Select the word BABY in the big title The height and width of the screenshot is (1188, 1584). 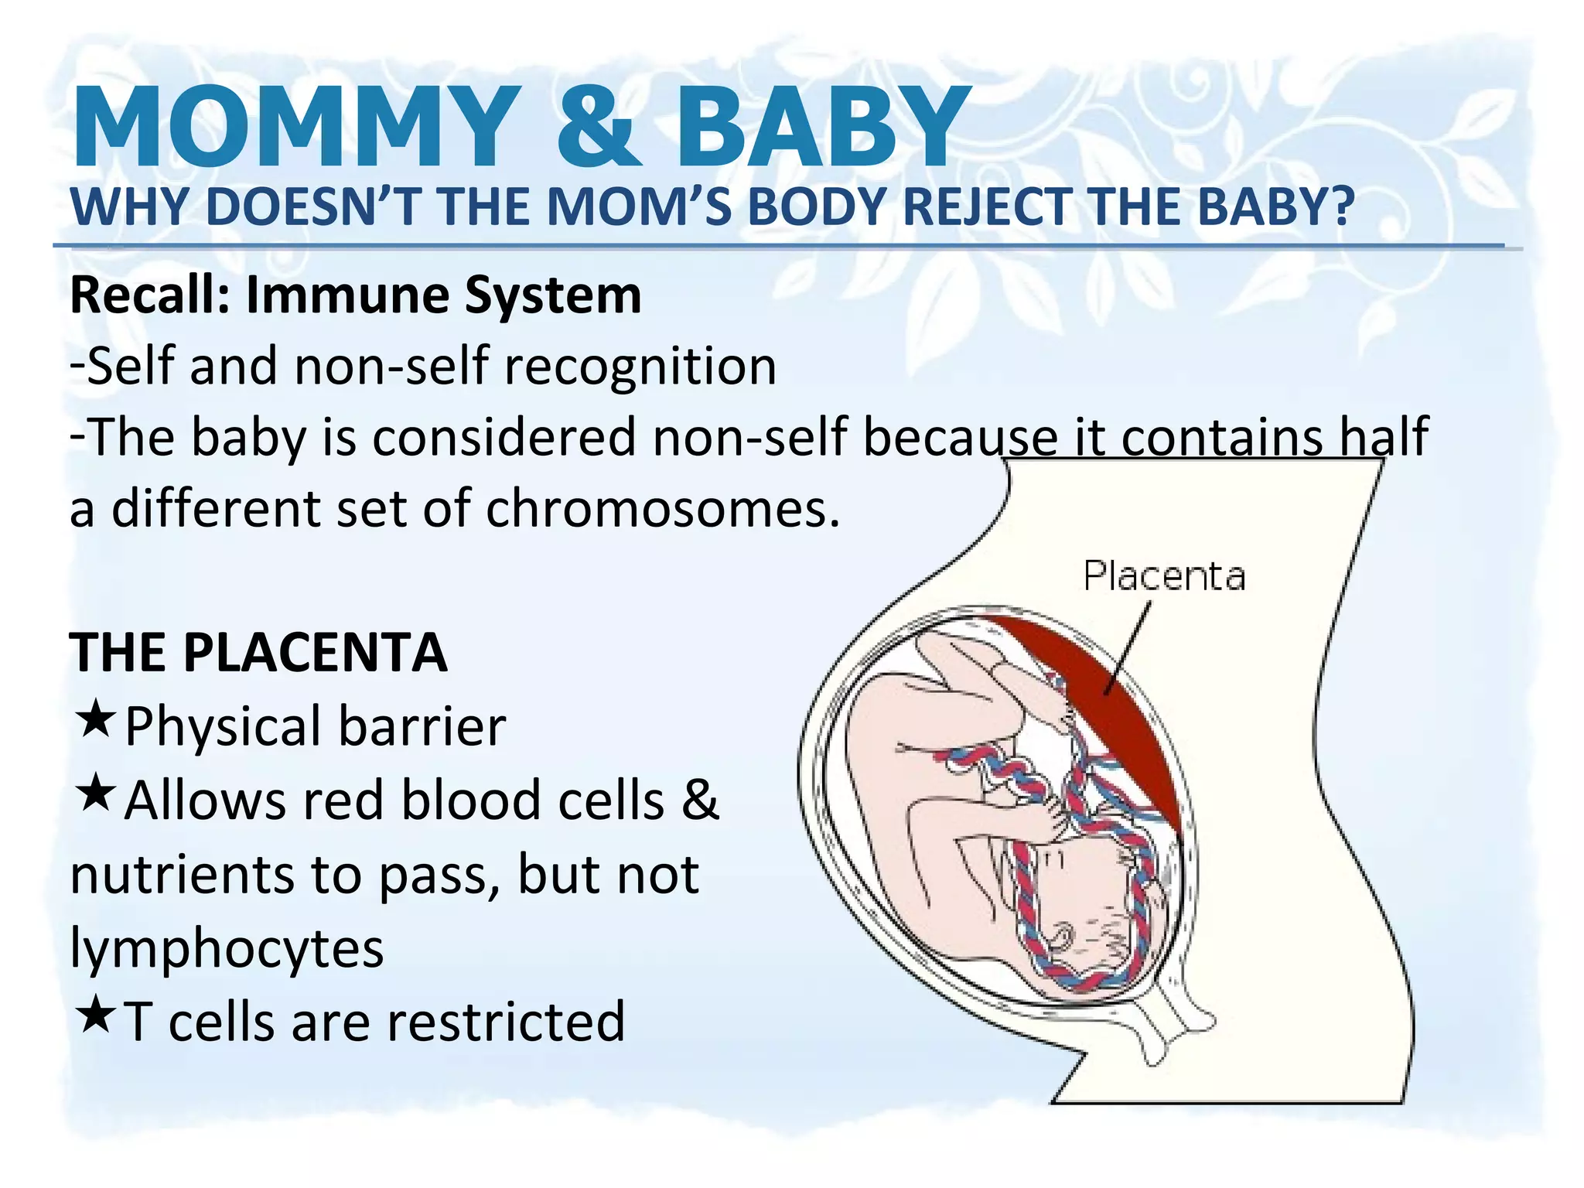point(823,128)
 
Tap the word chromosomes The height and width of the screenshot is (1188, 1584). point(662,510)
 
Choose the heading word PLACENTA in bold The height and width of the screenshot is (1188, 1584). point(315,654)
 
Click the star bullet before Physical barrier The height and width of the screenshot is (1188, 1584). point(95,719)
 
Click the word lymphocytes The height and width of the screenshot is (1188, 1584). point(227,949)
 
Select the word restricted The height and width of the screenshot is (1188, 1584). point(506,1022)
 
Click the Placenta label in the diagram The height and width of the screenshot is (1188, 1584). point(1164,576)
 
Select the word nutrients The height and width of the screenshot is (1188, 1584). point(183,875)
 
